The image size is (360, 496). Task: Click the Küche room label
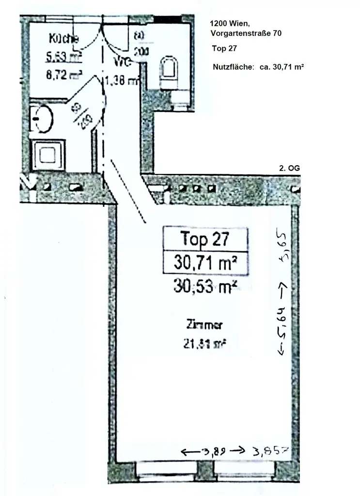tap(64, 39)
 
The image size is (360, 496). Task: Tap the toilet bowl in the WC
tap(168, 71)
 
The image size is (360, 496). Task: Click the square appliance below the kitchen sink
tap(48, 155)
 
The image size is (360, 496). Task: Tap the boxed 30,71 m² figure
tap(205, 263)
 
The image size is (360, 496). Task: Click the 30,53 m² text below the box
tap(205, 287)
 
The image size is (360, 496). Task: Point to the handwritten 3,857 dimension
tap(270, 452)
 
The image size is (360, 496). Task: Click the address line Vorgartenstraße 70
tap(246, 33)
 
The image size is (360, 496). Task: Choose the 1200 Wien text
tap(230, 23)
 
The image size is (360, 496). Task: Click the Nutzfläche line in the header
tap(258, 67)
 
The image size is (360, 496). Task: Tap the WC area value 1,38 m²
tap(122, 81)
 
